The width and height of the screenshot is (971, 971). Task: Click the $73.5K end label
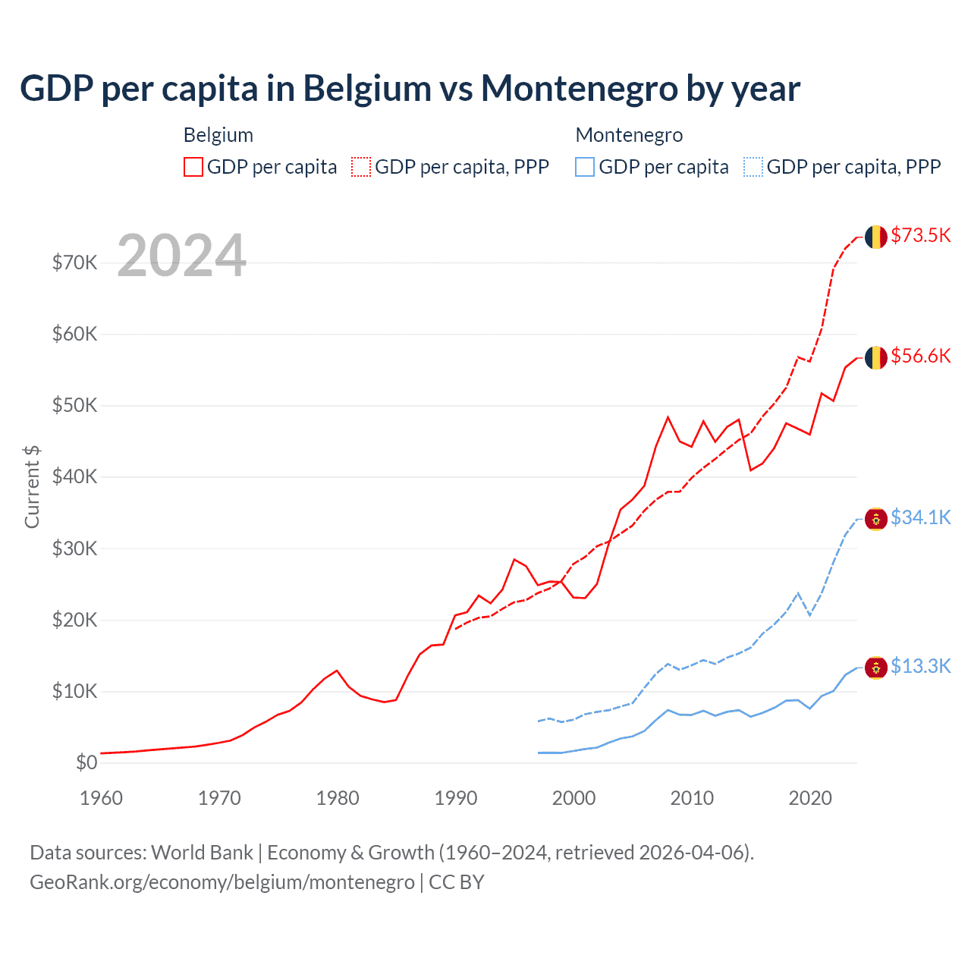point(920,235)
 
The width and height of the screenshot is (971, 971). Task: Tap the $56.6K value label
point(920,356)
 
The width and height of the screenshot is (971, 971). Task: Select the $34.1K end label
point(920,517)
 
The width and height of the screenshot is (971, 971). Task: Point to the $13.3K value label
point(920,666)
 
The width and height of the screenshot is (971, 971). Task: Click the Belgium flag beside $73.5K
point(876,237)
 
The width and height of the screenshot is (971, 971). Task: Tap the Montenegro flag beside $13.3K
point(876,668)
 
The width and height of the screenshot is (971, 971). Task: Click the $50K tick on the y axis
point(74,405)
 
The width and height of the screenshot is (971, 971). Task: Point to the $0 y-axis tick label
point(86,762)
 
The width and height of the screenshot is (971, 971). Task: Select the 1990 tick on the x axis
point(456,798)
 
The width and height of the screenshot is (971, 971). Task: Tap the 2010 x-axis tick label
point(692,798)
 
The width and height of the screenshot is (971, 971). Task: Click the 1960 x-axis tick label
point(101,798)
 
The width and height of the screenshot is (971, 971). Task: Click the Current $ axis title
point(32,486)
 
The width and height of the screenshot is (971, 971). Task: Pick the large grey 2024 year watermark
point(182,256)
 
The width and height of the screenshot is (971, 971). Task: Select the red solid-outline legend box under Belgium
point(193,167)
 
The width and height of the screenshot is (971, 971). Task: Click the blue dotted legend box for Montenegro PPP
point(753,167)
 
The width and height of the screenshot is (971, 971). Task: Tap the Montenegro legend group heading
point(629,135)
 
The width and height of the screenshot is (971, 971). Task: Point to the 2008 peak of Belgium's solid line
point(668,417)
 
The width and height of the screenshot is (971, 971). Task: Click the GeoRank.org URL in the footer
point(222,882)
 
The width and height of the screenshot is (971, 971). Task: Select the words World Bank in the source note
point(202,853)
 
